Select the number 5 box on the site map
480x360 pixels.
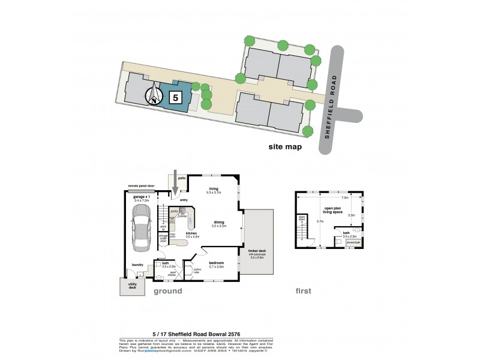click(x=175, y=97)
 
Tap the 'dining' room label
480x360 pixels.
click(x=218, y=223)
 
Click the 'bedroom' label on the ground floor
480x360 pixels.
click(x=217, y=263)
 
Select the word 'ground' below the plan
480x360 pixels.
click(x=169, y=292)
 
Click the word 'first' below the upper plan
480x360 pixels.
click(x=305, y=292)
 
